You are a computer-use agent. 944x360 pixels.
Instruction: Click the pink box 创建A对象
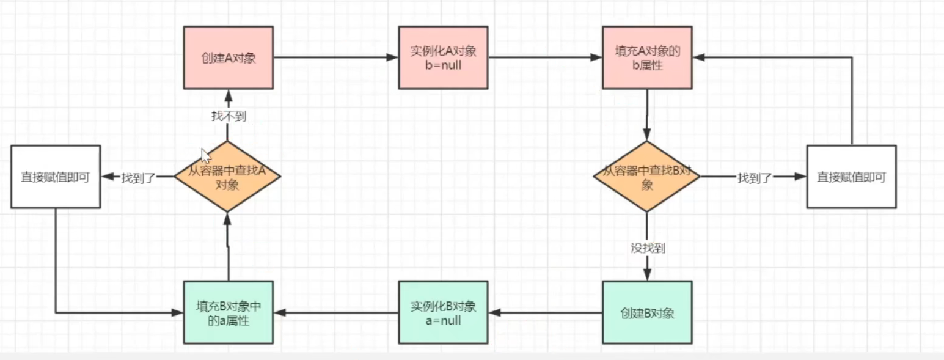228,57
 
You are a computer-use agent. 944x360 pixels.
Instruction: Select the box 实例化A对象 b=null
443,57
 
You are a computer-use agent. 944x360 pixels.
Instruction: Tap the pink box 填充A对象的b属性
647,57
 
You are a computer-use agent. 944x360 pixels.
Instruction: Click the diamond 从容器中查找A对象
227,177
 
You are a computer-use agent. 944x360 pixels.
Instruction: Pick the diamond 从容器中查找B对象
646,177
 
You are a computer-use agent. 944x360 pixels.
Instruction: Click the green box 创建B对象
647,312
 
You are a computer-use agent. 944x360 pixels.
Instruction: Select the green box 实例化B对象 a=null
443,312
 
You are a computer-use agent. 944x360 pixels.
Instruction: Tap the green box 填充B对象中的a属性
228,312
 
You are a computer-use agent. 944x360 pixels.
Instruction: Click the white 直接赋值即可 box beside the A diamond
56,177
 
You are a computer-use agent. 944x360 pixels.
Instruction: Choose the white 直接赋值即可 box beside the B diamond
851,177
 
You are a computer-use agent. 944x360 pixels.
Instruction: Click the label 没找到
648,248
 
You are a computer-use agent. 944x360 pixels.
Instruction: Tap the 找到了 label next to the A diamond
139,177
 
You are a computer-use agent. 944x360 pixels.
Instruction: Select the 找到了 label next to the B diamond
755,177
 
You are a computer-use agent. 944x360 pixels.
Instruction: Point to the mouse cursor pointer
205,155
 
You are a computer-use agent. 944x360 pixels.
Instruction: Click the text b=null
443,64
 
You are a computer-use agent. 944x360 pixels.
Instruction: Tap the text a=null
443,320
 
